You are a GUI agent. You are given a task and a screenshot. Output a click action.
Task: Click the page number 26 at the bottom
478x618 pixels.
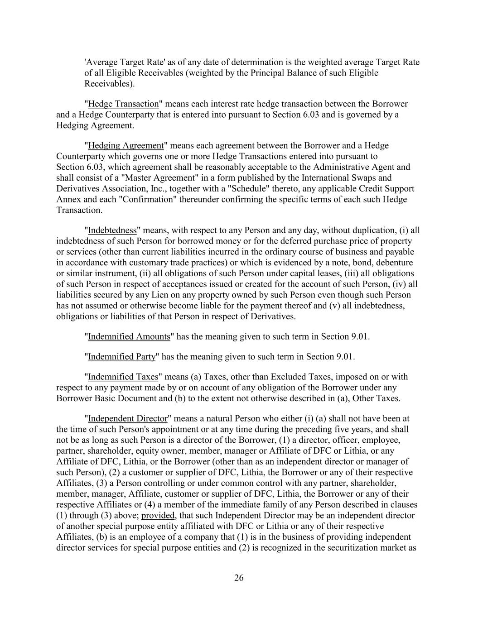pyautogui.click(x=239, y=578)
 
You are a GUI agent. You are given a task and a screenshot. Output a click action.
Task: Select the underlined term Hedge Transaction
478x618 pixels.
pyautogui.click(x=123, y=104)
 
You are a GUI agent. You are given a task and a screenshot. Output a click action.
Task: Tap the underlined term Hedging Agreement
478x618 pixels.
pyautogui.click(x=126, y=145)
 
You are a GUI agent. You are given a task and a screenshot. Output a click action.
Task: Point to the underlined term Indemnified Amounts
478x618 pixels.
pyautogui.click(x=129, y=336)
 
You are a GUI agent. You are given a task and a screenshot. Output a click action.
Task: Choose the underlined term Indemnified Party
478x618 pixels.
pyautogui.click(x=122, y=357)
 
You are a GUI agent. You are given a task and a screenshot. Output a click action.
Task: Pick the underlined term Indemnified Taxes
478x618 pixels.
pyautogui.click(x=123, y=377)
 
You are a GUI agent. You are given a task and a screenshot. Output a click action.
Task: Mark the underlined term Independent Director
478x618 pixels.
pyautogui.click(x=128, y=418)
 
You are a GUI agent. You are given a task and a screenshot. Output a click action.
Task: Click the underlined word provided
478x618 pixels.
pyautogui.click(x=158, y=515)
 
